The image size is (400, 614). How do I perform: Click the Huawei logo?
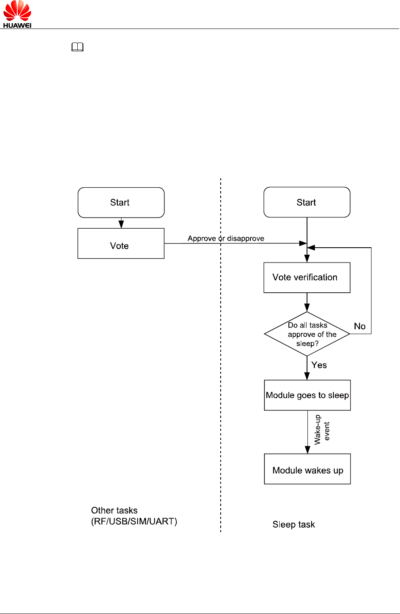click(x=17, y=14)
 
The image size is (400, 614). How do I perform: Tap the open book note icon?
click(x=77, y=47)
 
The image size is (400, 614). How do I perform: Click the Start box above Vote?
click(x=121, y=203)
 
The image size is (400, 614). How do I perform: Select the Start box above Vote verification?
click(x=307, y=202)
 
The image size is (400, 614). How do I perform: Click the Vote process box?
click(x=121, y=244)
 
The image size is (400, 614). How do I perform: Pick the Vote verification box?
click(x=307, y=277)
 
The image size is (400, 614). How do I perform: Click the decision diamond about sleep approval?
click(x=307, y=334)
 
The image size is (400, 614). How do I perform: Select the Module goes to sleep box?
click(x=307, y=395)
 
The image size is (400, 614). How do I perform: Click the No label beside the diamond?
click(x=360, y=326)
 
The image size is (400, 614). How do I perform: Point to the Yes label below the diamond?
click(x=319, y=365)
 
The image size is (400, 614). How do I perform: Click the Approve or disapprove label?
click(x=226, y=239)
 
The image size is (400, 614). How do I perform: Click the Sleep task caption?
click(x=294, y=524)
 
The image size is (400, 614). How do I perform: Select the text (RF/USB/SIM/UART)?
click(x=134, y=521)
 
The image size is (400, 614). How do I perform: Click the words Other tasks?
click(x=114, y=510)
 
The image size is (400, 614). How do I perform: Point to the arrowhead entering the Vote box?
click(x=121, y=225)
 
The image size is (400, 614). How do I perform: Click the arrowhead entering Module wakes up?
click(x=307, y=450)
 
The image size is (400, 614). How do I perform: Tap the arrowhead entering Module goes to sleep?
click(x=307, y=376)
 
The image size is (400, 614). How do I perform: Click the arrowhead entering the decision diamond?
click(x=307, y=308)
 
